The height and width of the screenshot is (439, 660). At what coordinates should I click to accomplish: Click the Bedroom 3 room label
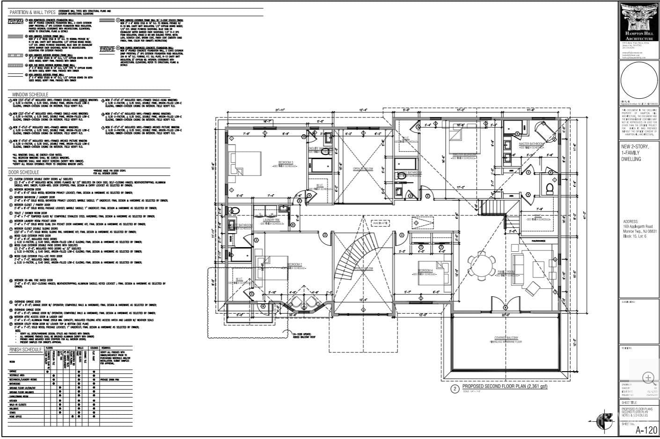pyautogui.click(x=285, y=163)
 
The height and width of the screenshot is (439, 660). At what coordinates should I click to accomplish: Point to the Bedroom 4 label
pyautogui.click(x=425, y=271)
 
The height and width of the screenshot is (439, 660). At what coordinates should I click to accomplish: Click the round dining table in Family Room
pyautogui.click(x=482, y=265)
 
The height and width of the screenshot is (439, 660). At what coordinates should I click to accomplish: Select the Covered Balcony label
pyautogui.click(x=506, y=338)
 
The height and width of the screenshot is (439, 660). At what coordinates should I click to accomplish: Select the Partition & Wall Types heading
pyautogui.click(x=32, y=11)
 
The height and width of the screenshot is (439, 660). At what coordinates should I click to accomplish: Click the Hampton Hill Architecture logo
pyautogui.click(x=639, y=22)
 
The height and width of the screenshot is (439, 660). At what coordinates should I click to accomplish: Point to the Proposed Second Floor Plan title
pyautogui.click(x=504, y=387)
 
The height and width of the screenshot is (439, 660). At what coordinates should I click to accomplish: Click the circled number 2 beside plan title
pyautogui.click(x=454, y=388)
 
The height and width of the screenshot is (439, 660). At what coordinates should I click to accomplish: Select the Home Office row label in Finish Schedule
pyautogui.click(x=16, y=416)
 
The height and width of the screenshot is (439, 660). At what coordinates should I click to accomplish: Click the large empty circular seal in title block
pyautogui.click(x=639, y=81)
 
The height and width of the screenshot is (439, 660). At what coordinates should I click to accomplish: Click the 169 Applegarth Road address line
pyautogui.click(x=639, y=227)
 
